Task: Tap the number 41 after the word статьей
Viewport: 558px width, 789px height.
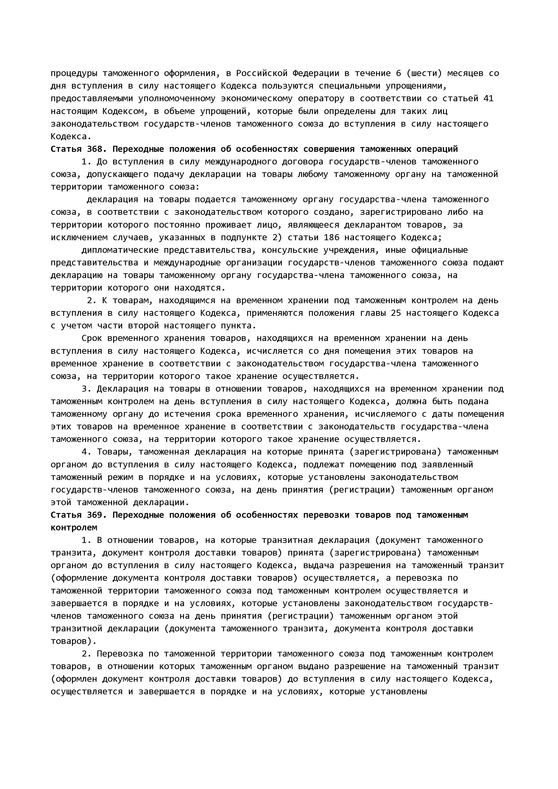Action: tap(488, 98)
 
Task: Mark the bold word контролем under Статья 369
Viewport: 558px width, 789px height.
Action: tap(74, 527)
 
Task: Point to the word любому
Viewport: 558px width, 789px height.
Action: tap(313, 174)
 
